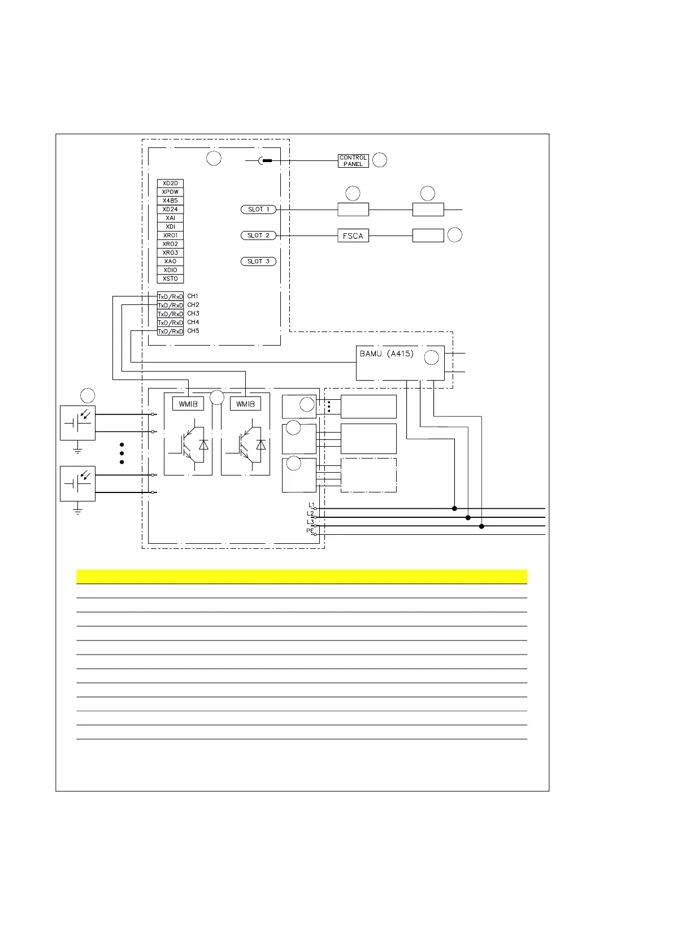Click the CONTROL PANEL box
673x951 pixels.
[353, 161]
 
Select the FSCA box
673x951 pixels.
[353, 236]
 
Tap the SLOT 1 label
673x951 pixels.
[258, 210]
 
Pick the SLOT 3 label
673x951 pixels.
[258, 261]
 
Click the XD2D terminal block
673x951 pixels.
[170, 184]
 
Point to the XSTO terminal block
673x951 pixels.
[170, 278]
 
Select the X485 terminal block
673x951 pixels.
[170, 200]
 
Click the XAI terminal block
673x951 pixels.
[170, 218]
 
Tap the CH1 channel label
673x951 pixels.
[193, 296]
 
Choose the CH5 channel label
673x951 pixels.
[193, 331]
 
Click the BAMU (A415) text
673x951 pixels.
[387, 354]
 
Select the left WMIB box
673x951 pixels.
[188, 404]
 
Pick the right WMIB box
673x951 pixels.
[245, 404]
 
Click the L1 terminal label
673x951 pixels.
[311, 505]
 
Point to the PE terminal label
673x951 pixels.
[310, 531]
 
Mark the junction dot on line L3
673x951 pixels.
[481, 526]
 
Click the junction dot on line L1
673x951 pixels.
[454, 508]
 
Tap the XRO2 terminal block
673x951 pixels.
[170, 244]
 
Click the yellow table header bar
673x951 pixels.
[301, 577]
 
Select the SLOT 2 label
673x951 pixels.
[258, 235]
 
